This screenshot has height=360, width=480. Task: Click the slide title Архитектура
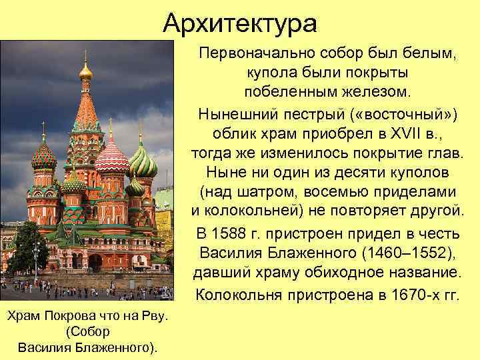click(240, 25)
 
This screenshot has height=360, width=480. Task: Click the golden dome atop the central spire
click(85, 69)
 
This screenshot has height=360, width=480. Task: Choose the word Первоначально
click(260, 52)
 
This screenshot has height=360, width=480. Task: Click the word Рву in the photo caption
click(152, 315)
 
